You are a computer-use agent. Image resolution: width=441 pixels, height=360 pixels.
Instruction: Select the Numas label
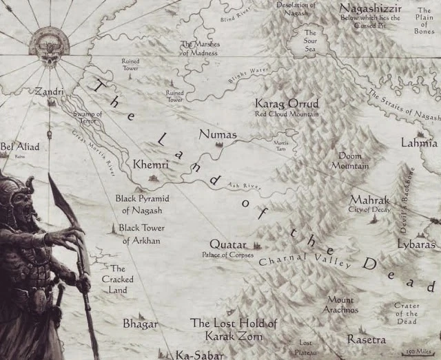[x=217, y=134]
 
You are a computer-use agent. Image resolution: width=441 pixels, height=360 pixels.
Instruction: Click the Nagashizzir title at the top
[x=371, y=8]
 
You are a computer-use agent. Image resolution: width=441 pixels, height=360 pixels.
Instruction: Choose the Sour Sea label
[x=310, y=41]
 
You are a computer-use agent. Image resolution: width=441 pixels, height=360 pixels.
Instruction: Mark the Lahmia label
[x=419, y=143]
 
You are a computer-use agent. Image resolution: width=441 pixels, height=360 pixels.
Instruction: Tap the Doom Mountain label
[x=350, y=161]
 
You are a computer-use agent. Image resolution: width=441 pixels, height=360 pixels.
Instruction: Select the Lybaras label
[x=416, y=244]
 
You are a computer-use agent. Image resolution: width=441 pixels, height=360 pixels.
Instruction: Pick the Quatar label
[x=228, y=245]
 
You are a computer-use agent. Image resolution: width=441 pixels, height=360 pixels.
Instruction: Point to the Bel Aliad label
[x=20, y=147]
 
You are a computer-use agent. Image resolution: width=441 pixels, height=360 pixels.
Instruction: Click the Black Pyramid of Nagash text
[x=142, y=204]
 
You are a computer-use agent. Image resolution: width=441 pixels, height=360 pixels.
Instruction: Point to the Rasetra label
[x=367, y=339]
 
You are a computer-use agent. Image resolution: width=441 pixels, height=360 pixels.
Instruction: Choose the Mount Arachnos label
[x=340, y=305]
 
